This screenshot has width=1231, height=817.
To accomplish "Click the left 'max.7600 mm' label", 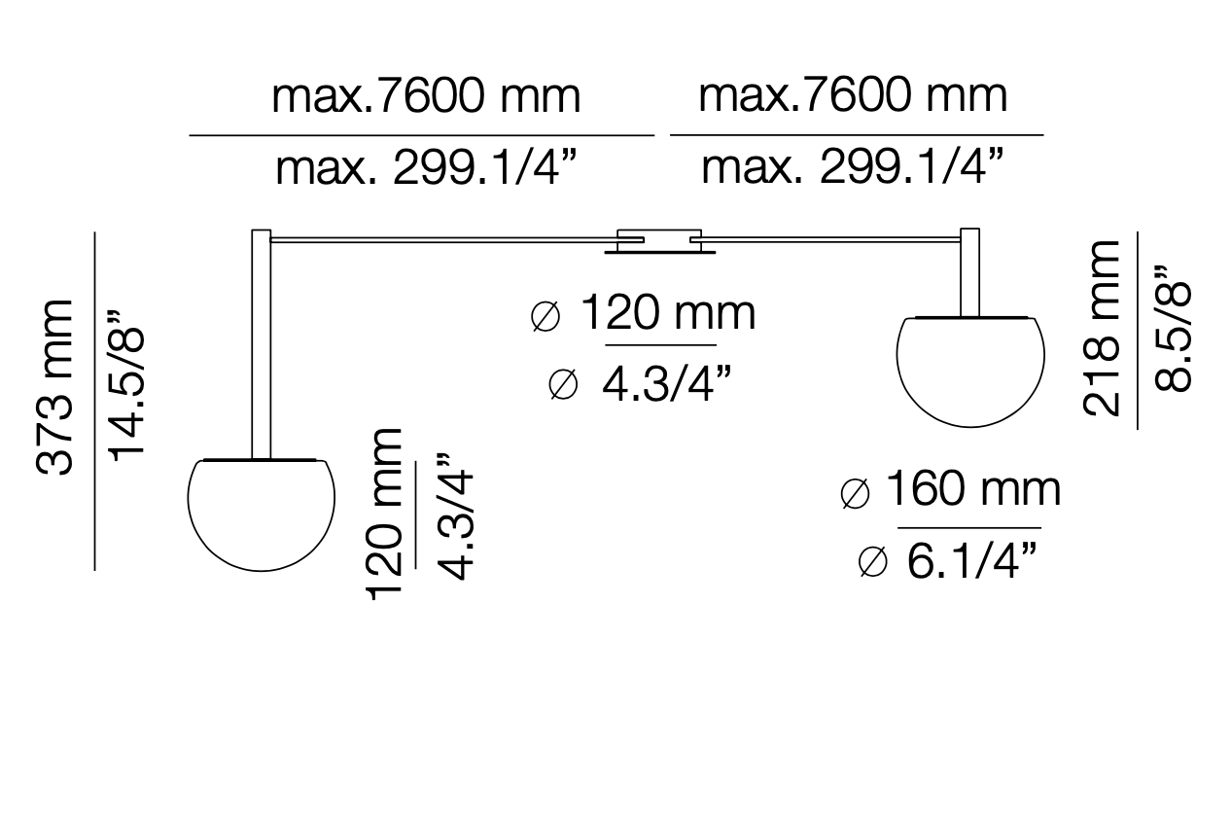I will point(426,98).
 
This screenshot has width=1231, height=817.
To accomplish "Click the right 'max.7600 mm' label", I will point(853,96).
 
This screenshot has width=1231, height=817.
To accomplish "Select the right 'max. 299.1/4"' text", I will point(853,169).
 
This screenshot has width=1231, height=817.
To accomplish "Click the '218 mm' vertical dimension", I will point(1104,329).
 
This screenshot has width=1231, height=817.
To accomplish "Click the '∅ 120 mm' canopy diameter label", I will point(644,314).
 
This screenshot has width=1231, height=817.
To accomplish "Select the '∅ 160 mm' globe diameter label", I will point(950,491).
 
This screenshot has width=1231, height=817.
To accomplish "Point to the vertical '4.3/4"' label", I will point(454,515).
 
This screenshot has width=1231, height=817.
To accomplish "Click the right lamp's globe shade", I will point(970,371).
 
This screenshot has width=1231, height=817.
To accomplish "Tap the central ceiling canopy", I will point(659,242).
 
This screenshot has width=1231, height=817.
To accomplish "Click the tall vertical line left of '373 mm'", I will point(94,400).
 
